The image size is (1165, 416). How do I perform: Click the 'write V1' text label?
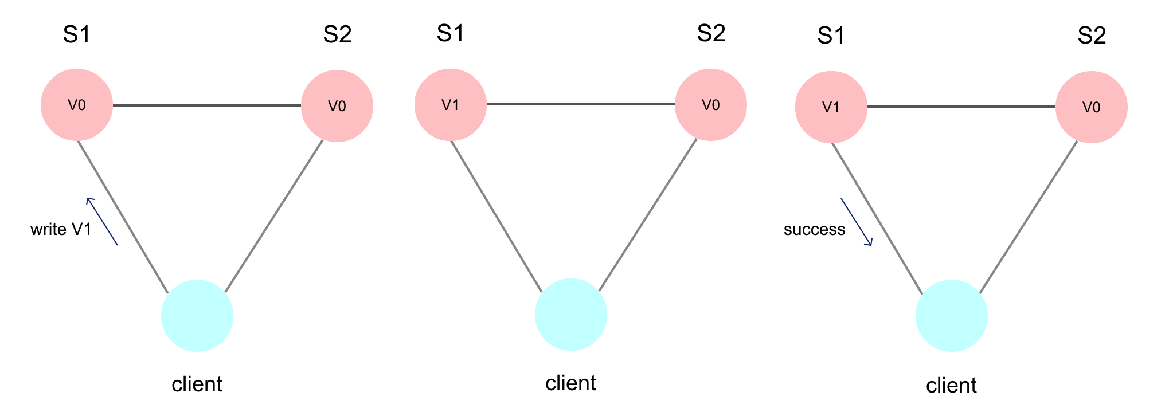[x=61, y=230]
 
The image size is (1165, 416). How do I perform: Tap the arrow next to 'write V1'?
[x=102, y=222]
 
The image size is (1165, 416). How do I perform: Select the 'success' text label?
[x=814, y=230]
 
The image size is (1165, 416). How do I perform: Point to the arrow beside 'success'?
[x=857, y=222]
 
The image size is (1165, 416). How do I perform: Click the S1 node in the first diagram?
[x=77, y=105]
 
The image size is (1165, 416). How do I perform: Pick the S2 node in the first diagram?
[x=337, y=106]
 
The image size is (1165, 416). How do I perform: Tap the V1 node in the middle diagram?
[x=451, y=105]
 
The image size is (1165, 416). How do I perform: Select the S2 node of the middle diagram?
[x=711, y=105]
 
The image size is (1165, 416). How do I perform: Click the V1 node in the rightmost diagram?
[x=831, y=107]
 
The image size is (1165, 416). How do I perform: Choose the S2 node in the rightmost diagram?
[x=1092, y=107]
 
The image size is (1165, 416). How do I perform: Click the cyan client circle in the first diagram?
[x=197, y=316]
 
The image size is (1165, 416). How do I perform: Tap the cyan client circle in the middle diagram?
[x=571, y=315]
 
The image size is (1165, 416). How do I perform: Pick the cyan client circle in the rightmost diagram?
[x=952, y=316]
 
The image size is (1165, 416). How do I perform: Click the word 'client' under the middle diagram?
[x=570, y=383]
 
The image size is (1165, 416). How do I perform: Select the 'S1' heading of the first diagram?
[x=76, y=35]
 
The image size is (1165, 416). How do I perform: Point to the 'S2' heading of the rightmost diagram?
[x=1092, y=36]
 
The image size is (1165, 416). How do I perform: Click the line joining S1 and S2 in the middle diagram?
[x=581, y=104]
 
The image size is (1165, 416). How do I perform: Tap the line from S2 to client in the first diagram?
[x=274, y=216]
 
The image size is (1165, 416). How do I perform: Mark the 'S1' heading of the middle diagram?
[x=450, y=34]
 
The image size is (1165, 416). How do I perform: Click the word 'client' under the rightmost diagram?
[x=951, y=386]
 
